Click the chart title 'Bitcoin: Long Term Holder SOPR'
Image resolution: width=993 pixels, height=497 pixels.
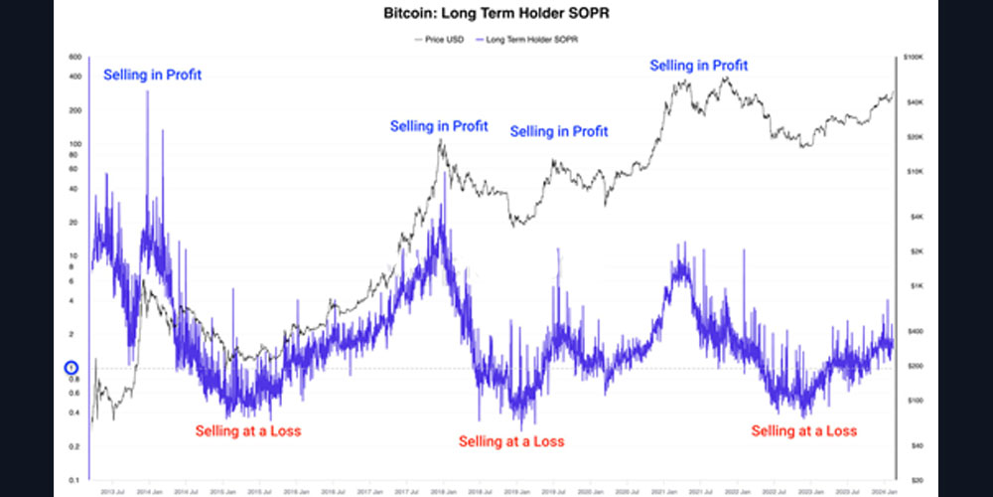tap(496, 17)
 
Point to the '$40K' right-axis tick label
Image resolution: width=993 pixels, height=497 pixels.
tap(915, 101)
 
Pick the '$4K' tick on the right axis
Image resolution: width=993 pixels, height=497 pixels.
tap(915, 216)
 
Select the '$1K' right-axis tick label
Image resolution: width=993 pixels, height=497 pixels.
tap(915, 285)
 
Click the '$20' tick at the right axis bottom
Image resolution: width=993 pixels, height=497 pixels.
tap(915, 479)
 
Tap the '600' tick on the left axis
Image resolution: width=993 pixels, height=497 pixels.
tap(74, 58)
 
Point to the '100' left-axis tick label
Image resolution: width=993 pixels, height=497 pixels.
tap(74, 144)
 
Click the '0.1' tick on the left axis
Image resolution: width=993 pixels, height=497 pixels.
tap(74, 480)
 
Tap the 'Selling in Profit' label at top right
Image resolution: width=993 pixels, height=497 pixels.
tap(698, 66)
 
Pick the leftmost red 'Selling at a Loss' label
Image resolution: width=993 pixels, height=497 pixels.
tap(247, 431)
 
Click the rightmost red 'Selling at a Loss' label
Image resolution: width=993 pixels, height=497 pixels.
tap(803, 431)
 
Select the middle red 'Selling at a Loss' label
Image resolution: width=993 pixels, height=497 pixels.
tap(511, 441)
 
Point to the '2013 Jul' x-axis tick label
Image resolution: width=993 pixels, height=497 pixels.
tap(112, 491)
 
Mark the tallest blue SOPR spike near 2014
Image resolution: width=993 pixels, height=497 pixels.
tap(147, 92)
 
